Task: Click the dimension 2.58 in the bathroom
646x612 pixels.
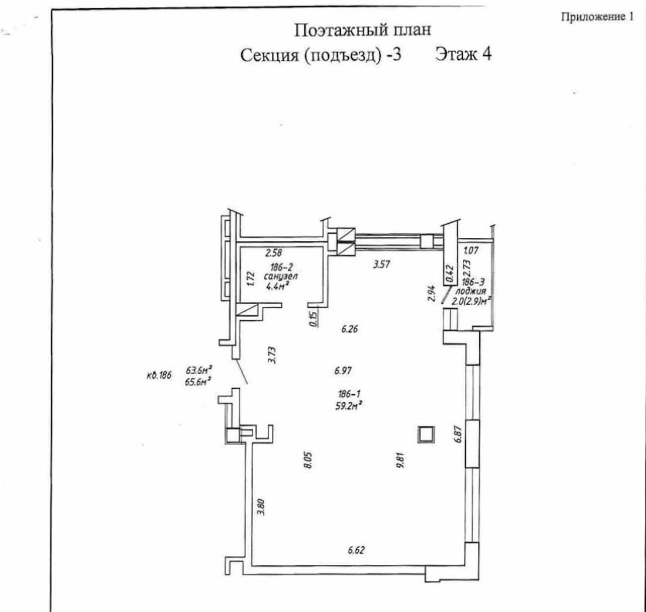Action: pos(272,253)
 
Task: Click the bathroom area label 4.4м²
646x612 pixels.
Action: pos(275,287)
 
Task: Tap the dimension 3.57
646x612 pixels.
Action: pos(382,265)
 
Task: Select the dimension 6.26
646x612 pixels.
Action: pos(351,330)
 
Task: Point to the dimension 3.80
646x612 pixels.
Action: pos(262,507)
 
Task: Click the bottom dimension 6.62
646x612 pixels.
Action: pos(356,550)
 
